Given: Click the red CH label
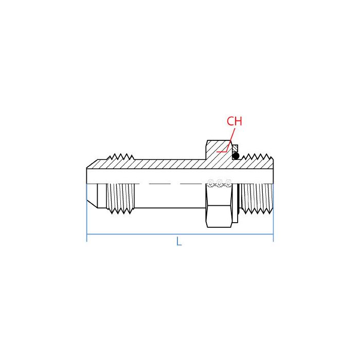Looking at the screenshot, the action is tap(234, 122).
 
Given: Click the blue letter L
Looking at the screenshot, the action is tap(179, 241).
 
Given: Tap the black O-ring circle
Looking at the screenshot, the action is tap(236, 155).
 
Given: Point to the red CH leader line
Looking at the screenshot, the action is tap(227, 145).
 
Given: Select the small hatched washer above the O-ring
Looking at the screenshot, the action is tap(236, 149).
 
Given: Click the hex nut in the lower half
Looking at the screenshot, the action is tap(218, 206).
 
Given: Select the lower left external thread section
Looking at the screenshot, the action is tap(122, 197).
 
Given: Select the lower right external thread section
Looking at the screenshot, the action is tap(256, 199).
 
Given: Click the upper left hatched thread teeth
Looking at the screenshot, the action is tap(122, 160).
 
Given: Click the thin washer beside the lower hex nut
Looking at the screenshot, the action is tap(236, 204).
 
